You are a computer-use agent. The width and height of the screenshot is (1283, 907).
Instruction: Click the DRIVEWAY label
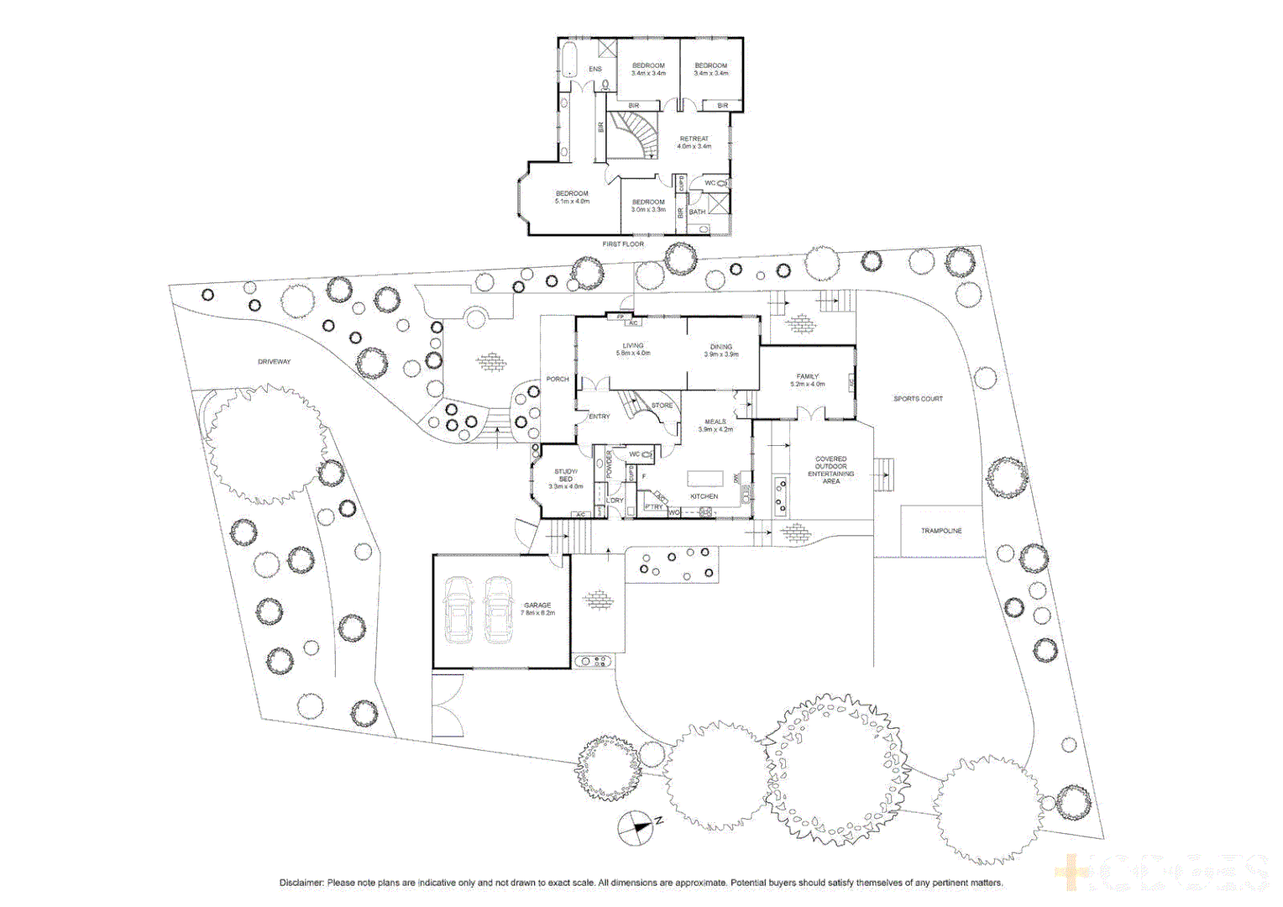[x=274, y=362]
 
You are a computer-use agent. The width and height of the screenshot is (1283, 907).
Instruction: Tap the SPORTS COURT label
[x=918, y=399]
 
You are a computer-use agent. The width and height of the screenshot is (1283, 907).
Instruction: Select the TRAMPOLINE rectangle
[x=941, y=531]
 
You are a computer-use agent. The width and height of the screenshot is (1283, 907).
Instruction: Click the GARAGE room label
[x=537, y=606]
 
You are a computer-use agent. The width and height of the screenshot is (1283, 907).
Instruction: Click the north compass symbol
[x=636, y=828]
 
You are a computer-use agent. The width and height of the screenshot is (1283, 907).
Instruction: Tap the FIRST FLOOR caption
[x=623, y=244]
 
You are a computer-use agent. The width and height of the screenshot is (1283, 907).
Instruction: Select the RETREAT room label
[x=694, y=139]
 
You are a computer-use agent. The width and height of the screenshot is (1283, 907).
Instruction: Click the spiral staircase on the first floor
[x=635, y=134]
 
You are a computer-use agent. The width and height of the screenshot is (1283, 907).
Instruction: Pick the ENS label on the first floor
[x=594, y=69]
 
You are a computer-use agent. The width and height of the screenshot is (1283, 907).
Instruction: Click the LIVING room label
[x=633, y=346]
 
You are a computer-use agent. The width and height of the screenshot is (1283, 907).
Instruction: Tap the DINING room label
[x=721, y=347]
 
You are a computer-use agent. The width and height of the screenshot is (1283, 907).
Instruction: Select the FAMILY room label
[x=808, y=377]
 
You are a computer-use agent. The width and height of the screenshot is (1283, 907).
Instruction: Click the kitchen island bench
[x=704, y=478]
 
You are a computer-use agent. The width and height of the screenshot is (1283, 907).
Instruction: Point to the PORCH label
[x=558, y=380]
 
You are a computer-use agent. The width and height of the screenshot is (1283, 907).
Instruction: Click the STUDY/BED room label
[x=566, y=475]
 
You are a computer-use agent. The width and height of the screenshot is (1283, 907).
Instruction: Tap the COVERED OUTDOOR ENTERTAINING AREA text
[x=830, y=470]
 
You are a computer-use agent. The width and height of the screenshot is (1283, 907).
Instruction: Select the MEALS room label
[x=715, y=422]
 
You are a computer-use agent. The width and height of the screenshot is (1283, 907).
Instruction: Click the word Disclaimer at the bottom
[x=301, y=883]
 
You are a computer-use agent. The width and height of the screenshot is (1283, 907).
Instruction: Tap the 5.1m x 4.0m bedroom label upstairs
[x=572, y=197]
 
